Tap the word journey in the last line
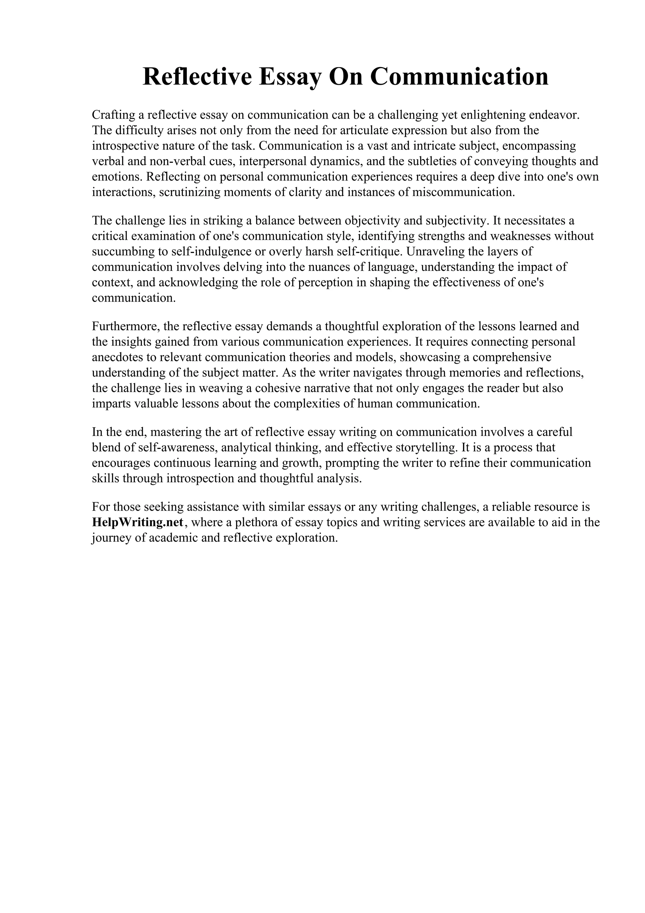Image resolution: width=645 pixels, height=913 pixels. [111, 538]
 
